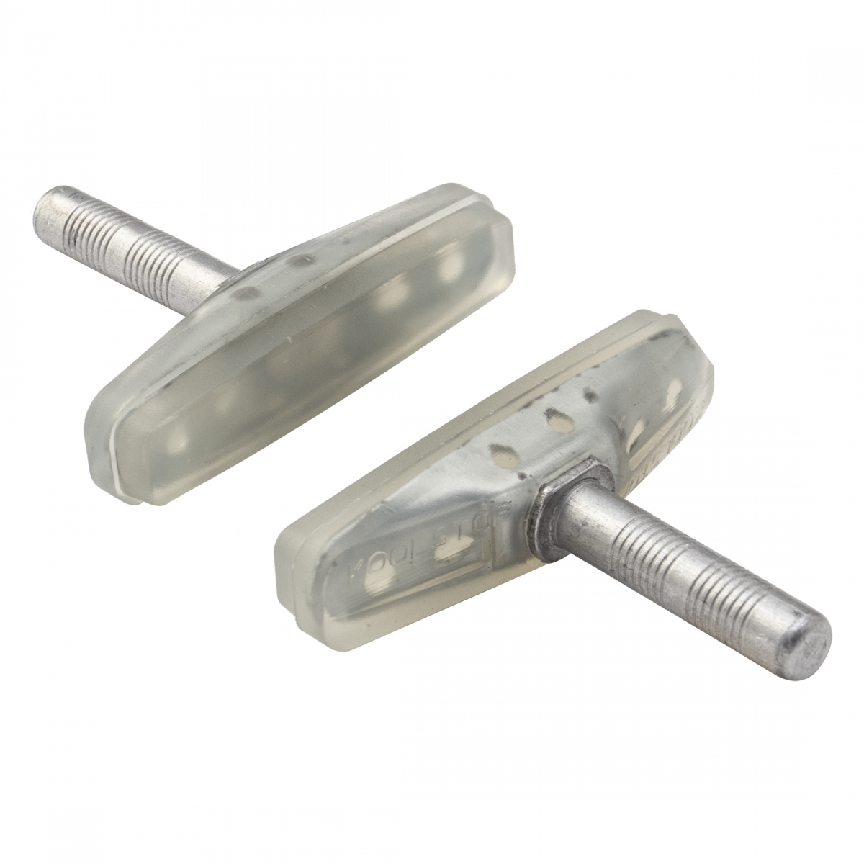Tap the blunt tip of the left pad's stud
pos(45,202)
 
